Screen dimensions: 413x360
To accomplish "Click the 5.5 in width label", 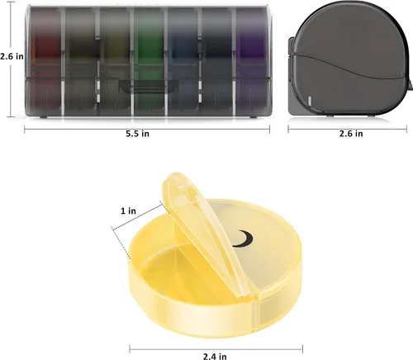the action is tap(137, 134).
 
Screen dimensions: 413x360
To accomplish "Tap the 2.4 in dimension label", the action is tap(215, 357).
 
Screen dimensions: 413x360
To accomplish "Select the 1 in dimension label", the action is tap(128, 211).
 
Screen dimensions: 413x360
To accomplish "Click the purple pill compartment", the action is tap(252, 61).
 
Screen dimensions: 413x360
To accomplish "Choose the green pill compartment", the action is tap(150, 61).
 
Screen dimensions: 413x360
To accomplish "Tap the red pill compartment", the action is tap(45, 61).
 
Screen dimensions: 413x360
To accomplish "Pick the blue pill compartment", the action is tap(183, 61).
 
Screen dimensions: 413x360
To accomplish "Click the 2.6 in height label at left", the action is tap(12, 56).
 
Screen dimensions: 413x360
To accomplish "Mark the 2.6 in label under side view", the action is tap(351, 134).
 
